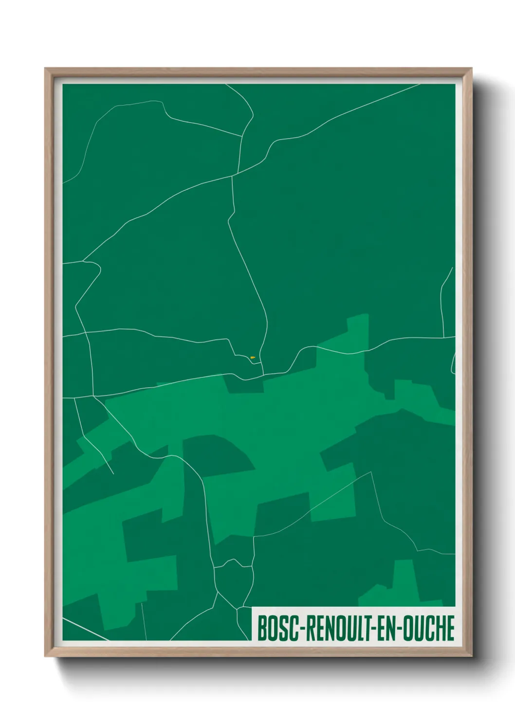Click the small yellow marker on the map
pyautogui.click(x=253, y=358)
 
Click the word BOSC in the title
pyautogui.click(x=276, y=628)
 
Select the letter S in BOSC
pyautogui.click(x=281, y=628)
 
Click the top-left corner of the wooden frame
pyautogui.click(x=45, y=69)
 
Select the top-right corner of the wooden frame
pyautogui.click(x=471, y=69)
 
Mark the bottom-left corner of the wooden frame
pyautogui.click(x=45, y=656)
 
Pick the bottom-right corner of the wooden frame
pyautogui.click(x=471, y=656)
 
